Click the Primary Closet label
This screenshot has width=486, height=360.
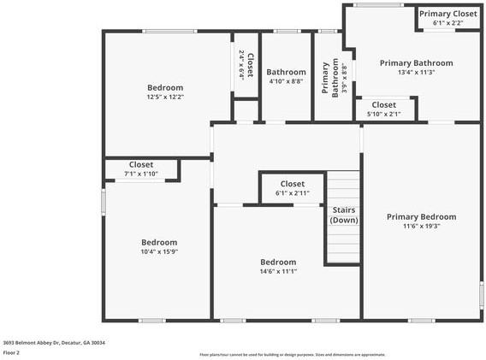pos(447,14)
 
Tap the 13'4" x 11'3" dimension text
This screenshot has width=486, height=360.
pos(416,73)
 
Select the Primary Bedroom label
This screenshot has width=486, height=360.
pos(421,217)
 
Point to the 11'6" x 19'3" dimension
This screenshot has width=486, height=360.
pos(421,227)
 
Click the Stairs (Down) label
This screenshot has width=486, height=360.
pos(344,215)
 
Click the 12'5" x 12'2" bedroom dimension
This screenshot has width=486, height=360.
pos(164,97)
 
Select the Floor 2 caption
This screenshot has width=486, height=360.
pos(11,352)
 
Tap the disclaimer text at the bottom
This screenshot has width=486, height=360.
pos(292,354)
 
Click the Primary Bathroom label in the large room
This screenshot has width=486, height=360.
pos(416,63)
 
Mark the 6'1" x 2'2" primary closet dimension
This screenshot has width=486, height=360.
pos(447,23)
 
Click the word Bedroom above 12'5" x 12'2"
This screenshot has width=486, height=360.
pos(164,88)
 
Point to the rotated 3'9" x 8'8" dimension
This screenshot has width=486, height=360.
pos(344,77)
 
